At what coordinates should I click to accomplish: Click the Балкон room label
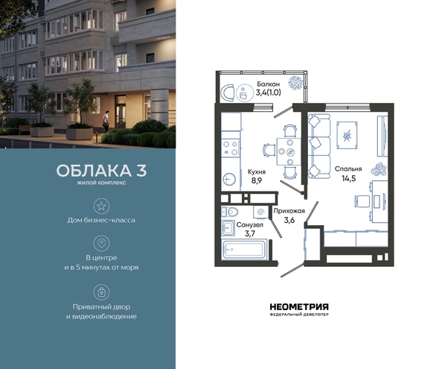(x=268, y=84)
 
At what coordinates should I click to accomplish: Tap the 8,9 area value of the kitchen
(x=257, y=180)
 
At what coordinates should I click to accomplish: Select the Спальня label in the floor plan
(x=348, y=168)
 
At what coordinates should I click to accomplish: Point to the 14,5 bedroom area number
(x=349, y=178)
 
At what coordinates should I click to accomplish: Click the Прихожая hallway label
(x=289, y=211)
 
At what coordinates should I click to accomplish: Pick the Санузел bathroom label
(x=250, y=225)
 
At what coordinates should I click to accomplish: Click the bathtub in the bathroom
(x=244, y=249)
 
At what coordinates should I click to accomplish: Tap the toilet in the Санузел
(x=231, y=212)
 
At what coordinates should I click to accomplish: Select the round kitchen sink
(x=230, y=179)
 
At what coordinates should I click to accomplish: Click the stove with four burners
(x=231, y=148)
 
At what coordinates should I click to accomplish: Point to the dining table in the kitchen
(x=289, y=151)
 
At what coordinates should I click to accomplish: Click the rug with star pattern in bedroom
(x=347, y=136)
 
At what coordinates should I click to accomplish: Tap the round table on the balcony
(x=244, y=92)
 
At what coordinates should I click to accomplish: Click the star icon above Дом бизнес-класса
(x=101, y=206)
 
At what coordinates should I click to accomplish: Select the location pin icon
(x=101, y=243)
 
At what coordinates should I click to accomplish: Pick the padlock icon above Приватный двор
(x=101, y=292)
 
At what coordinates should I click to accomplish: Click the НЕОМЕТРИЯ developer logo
(x=299, y=309)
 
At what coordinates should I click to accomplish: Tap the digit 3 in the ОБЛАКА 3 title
(x=142, y=171)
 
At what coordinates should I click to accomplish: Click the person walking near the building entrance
(x=106, y=122)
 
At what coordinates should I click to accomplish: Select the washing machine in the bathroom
(x=260, y=212)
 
